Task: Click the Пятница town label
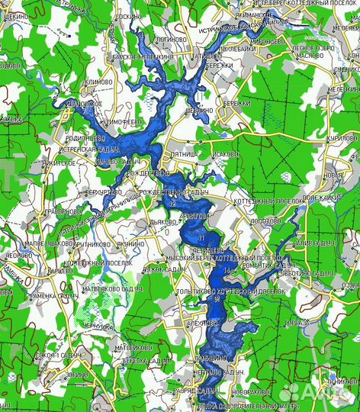click(x=185, y=153)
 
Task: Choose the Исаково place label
click(x=226, y=153)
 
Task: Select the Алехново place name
click(x=202, y=323)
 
